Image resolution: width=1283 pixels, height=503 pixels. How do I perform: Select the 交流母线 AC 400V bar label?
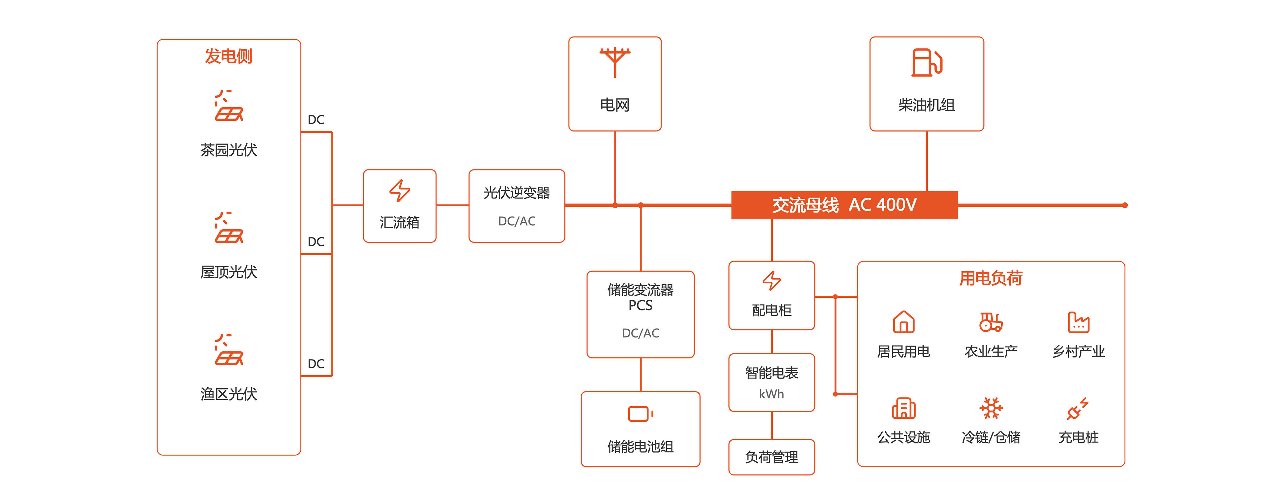point(844,205)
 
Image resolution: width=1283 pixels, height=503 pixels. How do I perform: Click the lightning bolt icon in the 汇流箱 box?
point(399,191)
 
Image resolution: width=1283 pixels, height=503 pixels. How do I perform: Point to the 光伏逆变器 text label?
point(516,193)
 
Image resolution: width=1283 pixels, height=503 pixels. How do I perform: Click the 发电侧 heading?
point(229,56)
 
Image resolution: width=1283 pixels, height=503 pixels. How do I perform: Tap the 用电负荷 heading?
point(991,278)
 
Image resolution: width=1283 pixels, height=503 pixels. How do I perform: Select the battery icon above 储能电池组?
point(641,414)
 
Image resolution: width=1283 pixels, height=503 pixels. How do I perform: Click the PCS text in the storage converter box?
point(641,305)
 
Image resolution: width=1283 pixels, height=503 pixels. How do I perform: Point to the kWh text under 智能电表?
point(771,394)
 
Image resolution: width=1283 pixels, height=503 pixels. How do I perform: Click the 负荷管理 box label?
point(771,457)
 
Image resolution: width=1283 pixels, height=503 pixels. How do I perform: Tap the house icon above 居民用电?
point(903,322)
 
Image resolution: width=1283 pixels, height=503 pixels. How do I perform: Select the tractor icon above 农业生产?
point(991,322)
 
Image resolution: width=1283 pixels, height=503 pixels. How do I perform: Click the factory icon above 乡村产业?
point(1078,322)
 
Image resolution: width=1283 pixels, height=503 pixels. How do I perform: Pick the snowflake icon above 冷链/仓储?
point(991,408)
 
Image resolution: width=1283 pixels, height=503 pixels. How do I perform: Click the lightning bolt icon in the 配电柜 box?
point(771,280)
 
